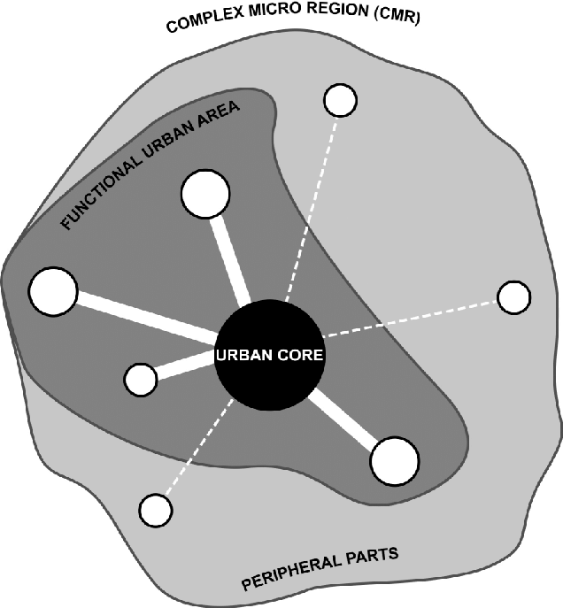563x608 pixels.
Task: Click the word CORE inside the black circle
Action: (295, 356)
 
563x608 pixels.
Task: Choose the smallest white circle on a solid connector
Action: (140, 380)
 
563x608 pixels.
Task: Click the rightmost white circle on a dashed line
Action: (513, 297)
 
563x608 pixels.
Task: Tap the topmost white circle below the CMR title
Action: (340, 101)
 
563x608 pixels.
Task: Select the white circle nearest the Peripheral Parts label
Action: (156, 510)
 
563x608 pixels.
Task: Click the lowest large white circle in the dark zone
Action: (394, 460)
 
